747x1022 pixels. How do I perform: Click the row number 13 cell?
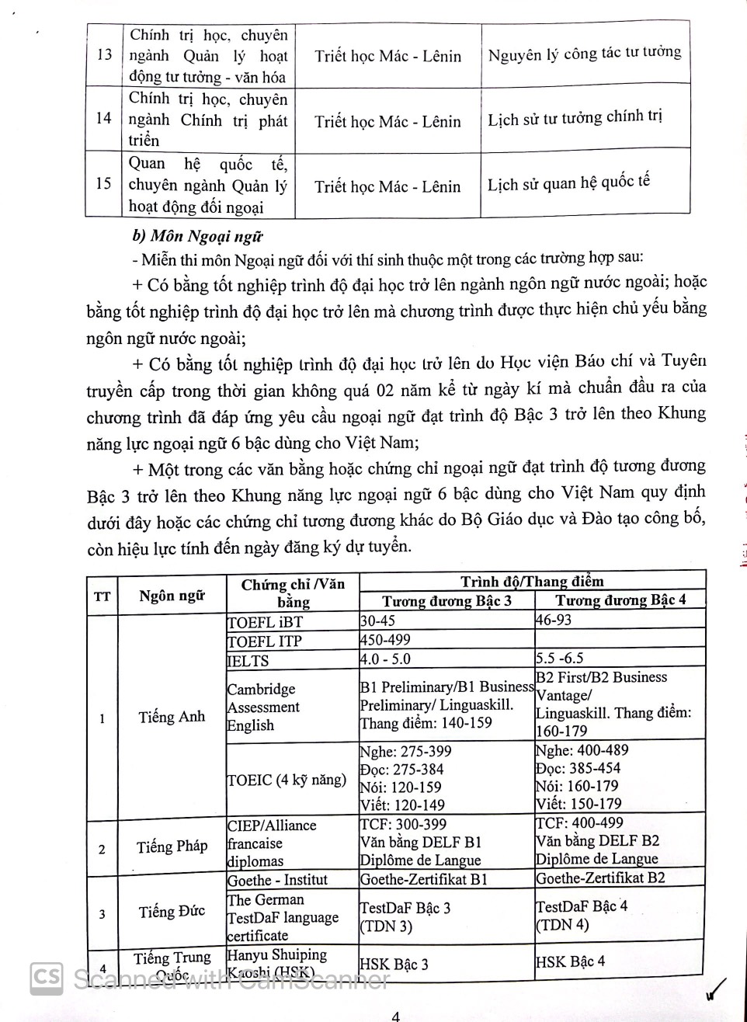click(104, 55)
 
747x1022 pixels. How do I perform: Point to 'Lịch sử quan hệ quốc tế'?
click(568, 184)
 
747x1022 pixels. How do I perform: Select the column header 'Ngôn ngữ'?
click(172, 596)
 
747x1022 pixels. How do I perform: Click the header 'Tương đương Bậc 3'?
click(446, 601)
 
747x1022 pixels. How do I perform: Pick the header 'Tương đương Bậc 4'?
click(620, 600)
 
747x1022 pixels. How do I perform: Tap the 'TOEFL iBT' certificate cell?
click(265, 622)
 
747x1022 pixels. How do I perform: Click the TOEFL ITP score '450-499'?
click(386, 640)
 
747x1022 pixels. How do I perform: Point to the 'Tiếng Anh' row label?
click(172, 717)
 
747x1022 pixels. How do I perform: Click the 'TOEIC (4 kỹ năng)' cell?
click(287, 780)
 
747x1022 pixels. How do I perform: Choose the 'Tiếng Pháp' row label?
click(172, 846)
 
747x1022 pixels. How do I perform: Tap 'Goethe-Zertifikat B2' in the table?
click(600, 878)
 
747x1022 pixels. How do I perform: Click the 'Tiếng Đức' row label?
click(172, 912)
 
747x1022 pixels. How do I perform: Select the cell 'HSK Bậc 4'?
click(570, 961)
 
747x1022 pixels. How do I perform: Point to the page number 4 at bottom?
click(395, 1016)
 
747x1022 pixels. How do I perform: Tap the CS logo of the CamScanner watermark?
click(47, 979)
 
